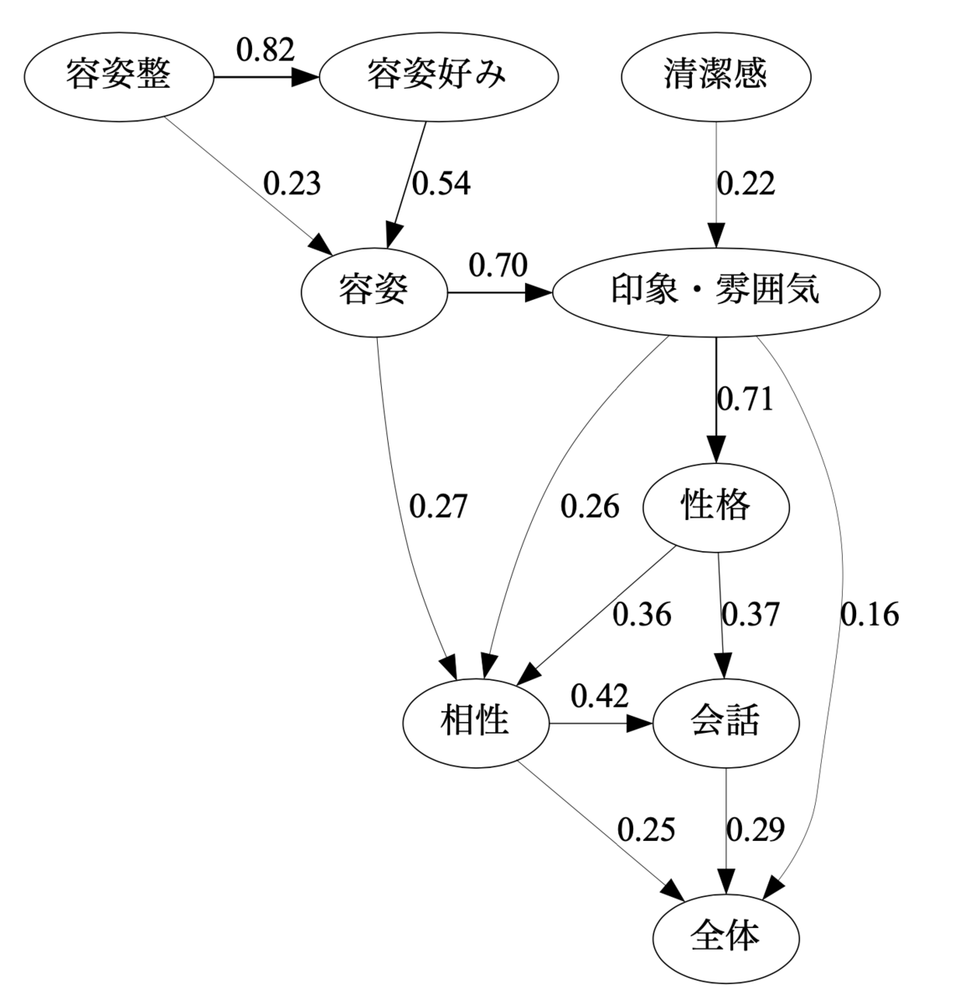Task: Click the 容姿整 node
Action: coord(119,77)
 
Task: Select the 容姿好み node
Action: coord(439,77)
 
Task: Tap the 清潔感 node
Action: coord(716,77)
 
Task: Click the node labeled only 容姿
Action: coord(374,293)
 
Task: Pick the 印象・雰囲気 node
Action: coord(716,293)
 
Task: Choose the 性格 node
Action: coord(716,508)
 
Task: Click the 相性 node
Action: coord(476,724)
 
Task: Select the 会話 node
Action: coord(726,724)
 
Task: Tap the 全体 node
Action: coord(726,939)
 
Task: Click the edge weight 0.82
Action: coord(266,49)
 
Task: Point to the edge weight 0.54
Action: coord(441,183)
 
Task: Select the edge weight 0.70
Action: coord(498,265)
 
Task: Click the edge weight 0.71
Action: coord(745,399)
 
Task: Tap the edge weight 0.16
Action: coord(870,614)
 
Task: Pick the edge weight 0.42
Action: coord(600,696)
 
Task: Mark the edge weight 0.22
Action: coord(746,183)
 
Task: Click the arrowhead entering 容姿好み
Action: coord(305,77)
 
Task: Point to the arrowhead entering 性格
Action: coord(716,450)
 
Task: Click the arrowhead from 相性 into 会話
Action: coord(639,724)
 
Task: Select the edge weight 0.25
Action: coord(646,829)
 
